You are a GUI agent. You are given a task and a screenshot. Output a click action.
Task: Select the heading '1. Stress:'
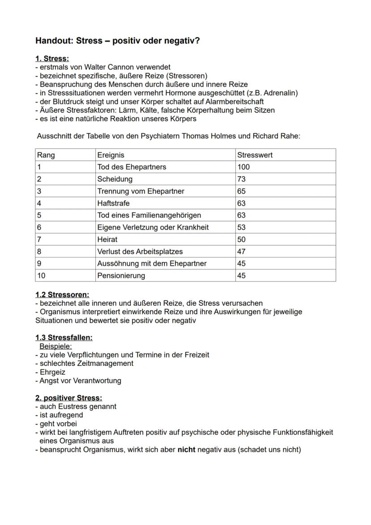pos(52,59)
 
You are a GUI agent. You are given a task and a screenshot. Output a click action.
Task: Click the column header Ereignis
pos(111,155)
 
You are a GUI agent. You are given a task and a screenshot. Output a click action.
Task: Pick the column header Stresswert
pos(255,155)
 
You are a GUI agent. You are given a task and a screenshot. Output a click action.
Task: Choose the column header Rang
pos(46,155)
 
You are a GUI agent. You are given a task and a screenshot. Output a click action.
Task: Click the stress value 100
pos(244,167)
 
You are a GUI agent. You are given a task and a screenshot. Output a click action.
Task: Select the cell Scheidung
pos(115,179)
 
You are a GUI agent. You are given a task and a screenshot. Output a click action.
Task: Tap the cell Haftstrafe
pos(113,203)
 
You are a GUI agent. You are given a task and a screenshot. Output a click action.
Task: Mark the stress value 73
pos(242,179)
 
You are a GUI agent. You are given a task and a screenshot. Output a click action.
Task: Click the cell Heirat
pos(107,239)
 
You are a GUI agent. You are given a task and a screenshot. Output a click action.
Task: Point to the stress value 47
pos(242,252)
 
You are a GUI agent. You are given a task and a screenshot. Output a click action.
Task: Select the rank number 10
pos(41,276)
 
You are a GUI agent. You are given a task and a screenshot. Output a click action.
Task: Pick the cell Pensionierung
pos(121,276)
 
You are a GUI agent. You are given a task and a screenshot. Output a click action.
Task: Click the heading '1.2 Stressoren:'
pos(62,295)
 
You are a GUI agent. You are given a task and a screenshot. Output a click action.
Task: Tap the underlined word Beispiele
pos(56,346)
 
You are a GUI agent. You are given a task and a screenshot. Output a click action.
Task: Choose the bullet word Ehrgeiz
pos(52,372)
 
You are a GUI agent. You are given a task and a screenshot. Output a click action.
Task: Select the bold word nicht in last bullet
pos(186,449)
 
